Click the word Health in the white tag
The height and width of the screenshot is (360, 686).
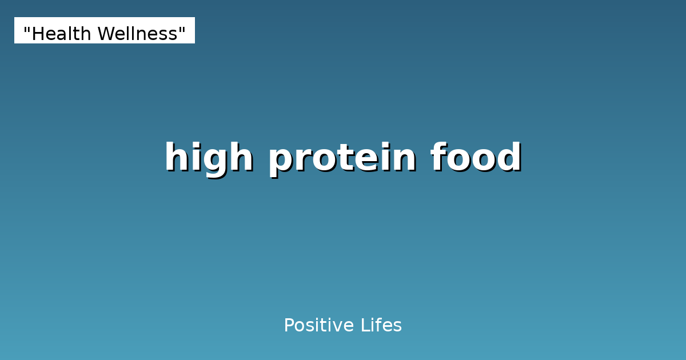point(61,34)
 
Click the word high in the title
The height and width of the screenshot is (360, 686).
point(209,158)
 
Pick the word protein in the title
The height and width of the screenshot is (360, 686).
point(342,158)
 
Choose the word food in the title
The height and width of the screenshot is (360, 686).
point(476,158)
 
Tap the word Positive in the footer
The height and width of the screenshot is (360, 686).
point(318,326)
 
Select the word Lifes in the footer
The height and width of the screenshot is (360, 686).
point(381,326)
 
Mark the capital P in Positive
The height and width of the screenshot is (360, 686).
point(289,326)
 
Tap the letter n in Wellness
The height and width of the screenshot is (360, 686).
point(150,35)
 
